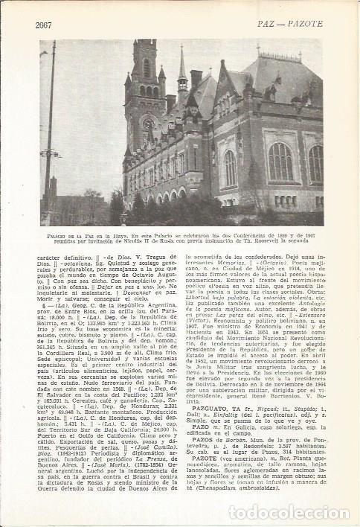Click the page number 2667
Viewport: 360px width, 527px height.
pos(45,25)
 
